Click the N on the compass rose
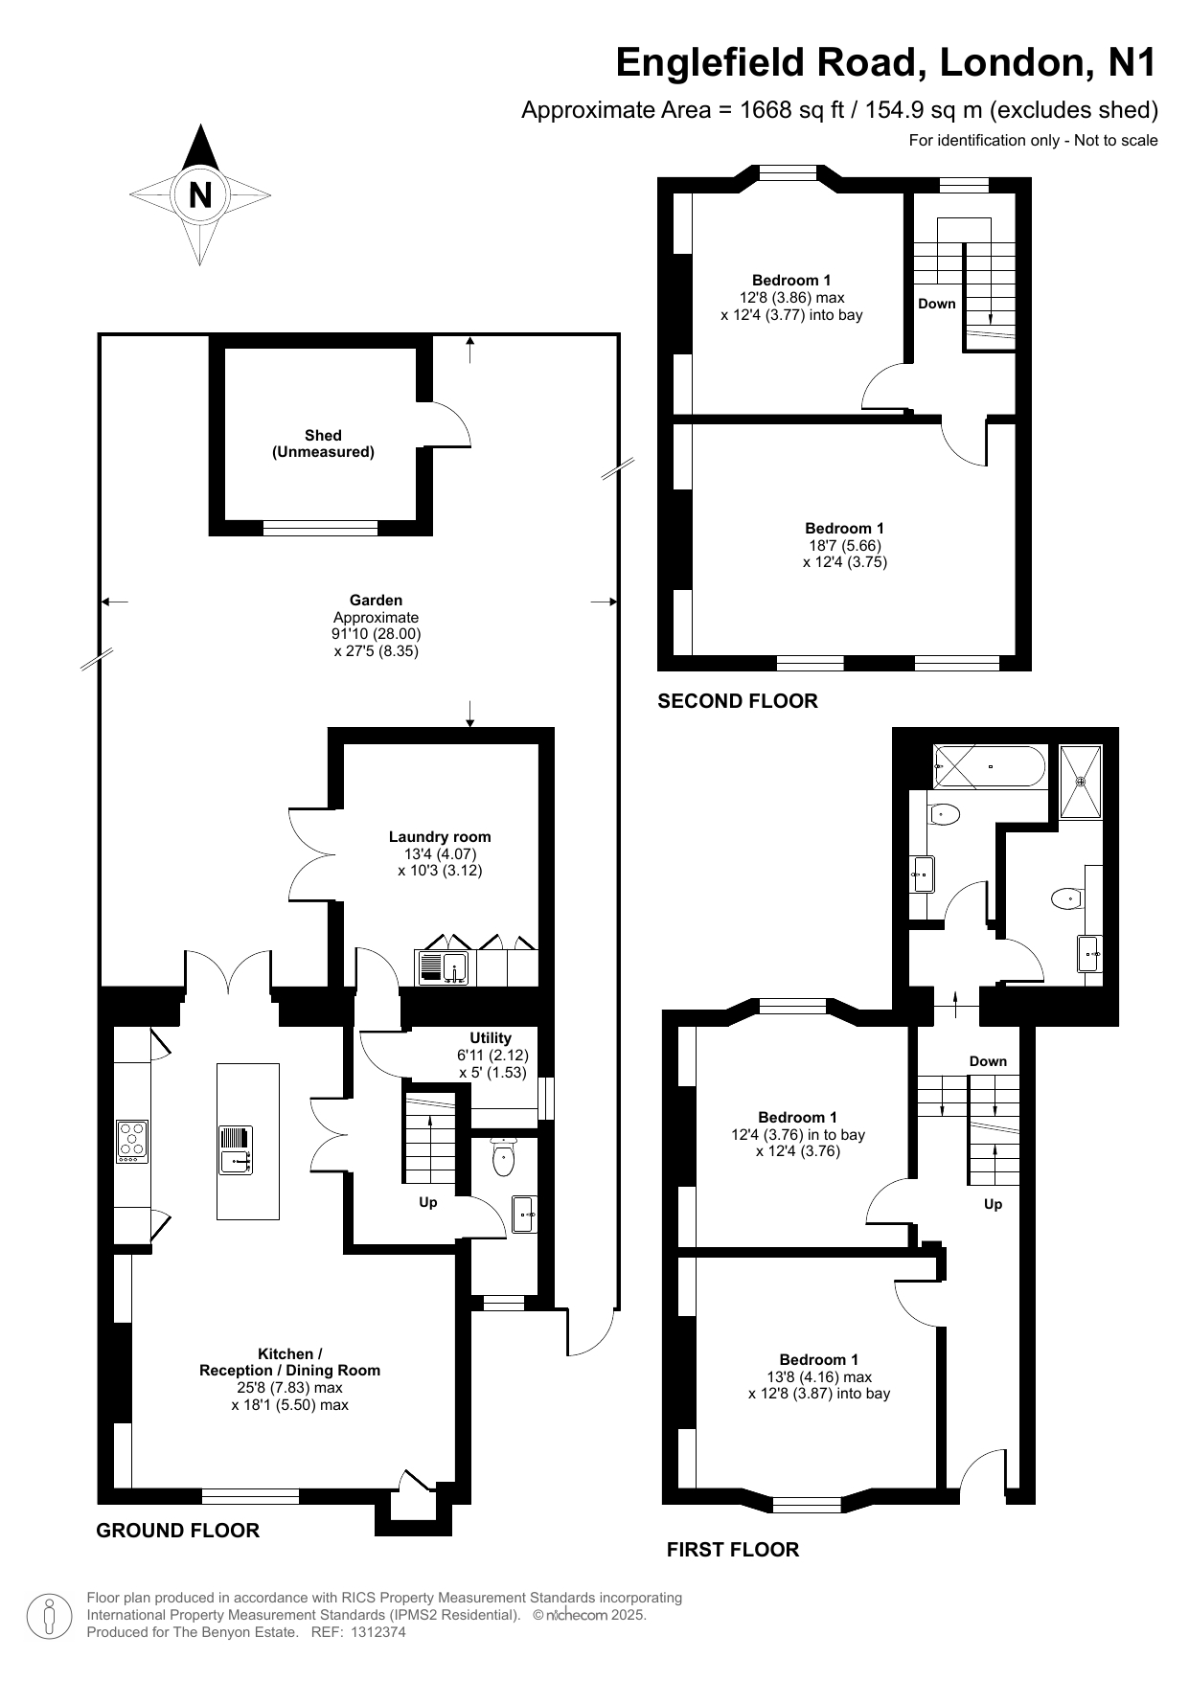200,195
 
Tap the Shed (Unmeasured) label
323,443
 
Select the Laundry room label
440,836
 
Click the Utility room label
491,1037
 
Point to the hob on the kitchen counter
132,1141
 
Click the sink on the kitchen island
235,1162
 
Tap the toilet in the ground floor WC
504,1160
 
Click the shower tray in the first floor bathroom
1081,782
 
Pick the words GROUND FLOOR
178,1531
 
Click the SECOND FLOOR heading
738,701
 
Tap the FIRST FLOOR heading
733,1550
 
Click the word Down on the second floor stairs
937,304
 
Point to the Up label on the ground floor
428,1202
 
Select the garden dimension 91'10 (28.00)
377,634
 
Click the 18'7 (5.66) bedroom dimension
844,545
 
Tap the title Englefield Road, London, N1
886,62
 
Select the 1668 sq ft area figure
791,110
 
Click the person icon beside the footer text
50,1615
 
